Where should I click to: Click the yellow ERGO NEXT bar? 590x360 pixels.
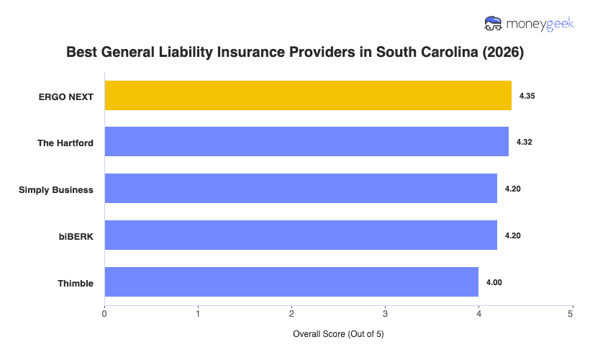[308, 95]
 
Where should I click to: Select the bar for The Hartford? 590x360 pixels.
[307, 142]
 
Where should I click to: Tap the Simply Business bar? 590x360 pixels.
[301, 189]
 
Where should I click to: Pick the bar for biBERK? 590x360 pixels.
[301, 235]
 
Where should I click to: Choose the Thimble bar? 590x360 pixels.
[291, 282]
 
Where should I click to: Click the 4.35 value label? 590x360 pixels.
[527, 95]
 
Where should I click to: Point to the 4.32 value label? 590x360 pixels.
[525, 142]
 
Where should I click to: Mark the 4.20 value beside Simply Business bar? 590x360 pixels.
[512, 189]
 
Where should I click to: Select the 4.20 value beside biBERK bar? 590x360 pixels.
[512, 235]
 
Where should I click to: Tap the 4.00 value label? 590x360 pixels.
[494, 282]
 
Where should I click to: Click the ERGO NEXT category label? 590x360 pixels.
[66, 96]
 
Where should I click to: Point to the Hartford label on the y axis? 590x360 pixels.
[65, 143]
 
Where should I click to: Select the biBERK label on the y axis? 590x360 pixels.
[76, 236]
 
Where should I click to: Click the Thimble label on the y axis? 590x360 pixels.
[76, 283]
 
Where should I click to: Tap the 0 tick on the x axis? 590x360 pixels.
[105, 314]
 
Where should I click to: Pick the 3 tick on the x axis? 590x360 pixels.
[385, 314]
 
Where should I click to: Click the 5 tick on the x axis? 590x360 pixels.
[571, 314]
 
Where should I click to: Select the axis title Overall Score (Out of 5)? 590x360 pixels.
[338, 335]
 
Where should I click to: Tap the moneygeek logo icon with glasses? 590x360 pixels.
[494, 24]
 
